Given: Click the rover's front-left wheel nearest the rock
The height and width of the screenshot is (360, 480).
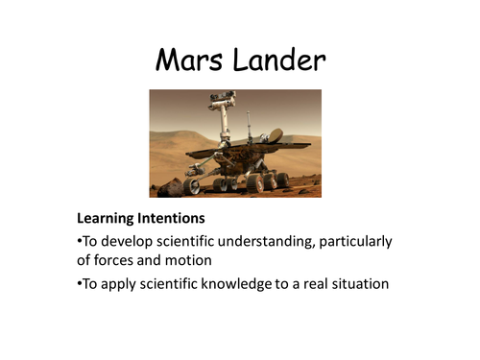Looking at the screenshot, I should [x=193, y=185].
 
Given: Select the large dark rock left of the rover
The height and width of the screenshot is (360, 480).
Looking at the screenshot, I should [x=170, y=186].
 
